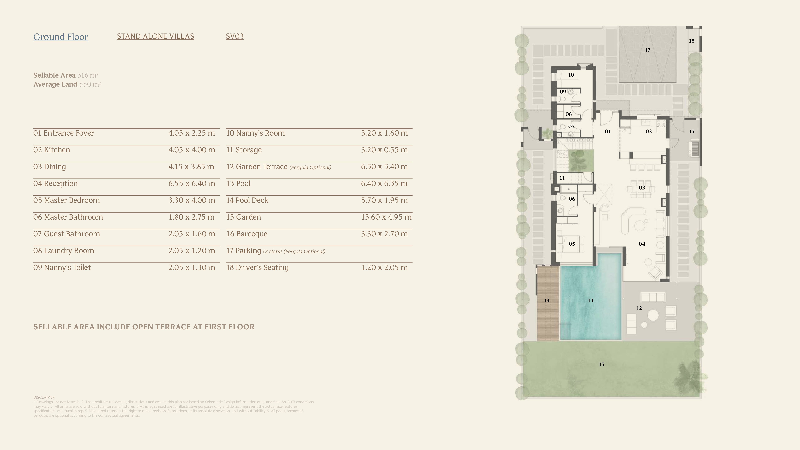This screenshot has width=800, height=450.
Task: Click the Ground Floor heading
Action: click(x=61, y=37)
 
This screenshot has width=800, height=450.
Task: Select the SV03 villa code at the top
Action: click(x=235, y=36)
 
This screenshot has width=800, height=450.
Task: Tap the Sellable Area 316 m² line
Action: click(x=66, y=75)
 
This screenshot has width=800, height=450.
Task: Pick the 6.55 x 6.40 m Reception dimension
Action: click(x=192, y=184)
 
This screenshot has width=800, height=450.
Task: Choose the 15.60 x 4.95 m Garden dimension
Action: click(x=386, y=217)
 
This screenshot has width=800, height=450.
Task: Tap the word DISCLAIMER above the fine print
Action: click(x=44, y=397)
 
